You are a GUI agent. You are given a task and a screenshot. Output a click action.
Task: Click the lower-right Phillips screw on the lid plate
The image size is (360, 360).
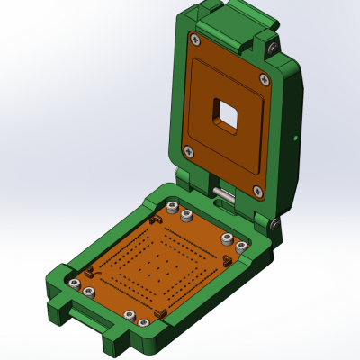pyautogui.click(x=257, y=190)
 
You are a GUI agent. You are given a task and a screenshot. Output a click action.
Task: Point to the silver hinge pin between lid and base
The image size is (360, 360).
pyautogui.click(x=222, y=193)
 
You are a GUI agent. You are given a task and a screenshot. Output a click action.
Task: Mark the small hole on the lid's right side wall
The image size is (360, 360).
pyautogui.click(x=296, y=137)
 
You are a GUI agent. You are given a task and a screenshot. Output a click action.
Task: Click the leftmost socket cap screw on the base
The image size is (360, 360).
pyautogui.click(x=72, y=283)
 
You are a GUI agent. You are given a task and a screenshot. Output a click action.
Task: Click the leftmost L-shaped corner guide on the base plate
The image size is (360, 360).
pyautogui.click(x=90, y=271)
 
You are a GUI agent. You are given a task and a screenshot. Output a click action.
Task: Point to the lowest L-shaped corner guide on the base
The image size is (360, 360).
pyautogui.click(x=162, y=311)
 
